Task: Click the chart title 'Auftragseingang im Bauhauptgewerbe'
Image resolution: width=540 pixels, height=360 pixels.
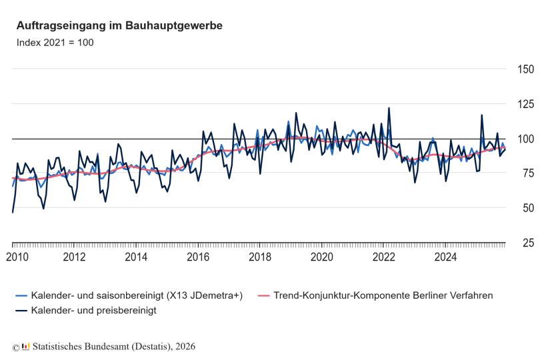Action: click(x=119, y=25)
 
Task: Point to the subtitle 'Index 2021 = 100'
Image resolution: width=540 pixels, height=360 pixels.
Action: click(x=55, y=43)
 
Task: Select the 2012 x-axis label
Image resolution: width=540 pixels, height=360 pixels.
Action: click(x=75, y=257)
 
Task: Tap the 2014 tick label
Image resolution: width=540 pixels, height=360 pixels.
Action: click(x=137, y=257)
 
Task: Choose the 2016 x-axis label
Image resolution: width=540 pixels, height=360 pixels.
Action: click(x=199, y=257)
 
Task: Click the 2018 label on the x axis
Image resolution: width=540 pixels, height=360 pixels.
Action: click(x=260, y=257)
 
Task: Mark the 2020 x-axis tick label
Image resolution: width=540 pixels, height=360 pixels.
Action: click(x=322, y=257)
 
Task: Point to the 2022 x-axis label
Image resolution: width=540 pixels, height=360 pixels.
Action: click(x=384, y=257)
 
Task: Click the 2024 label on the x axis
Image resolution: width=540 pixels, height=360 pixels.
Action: click(x=446, y=257)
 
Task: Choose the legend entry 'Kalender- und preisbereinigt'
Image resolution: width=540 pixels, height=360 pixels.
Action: click(x=93, y=311)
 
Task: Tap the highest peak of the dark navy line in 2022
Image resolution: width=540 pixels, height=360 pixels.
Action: click(x=389, y=108)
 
